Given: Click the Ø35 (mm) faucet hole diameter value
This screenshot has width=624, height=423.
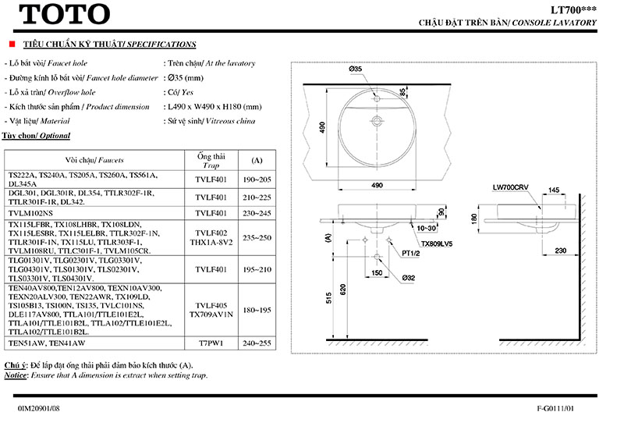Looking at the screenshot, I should coord(186,78).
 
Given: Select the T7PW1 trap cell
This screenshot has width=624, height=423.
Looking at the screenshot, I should coord(211,343).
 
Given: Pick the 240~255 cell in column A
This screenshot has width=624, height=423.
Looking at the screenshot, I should coord(257,343).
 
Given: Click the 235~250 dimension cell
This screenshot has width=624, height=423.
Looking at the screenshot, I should coord(257,237).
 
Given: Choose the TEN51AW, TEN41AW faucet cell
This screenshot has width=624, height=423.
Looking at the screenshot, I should coord(46,343).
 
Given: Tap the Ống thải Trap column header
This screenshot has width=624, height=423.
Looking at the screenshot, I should coord(211,160).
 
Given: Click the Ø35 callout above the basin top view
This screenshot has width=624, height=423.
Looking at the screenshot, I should coord(356,69).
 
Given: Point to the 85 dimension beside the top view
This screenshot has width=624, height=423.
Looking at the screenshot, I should coord(403,92).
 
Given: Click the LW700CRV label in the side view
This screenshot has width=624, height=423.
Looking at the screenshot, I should coord(508,188).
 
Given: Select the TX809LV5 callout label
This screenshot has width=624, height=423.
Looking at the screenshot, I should coord(437,243).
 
